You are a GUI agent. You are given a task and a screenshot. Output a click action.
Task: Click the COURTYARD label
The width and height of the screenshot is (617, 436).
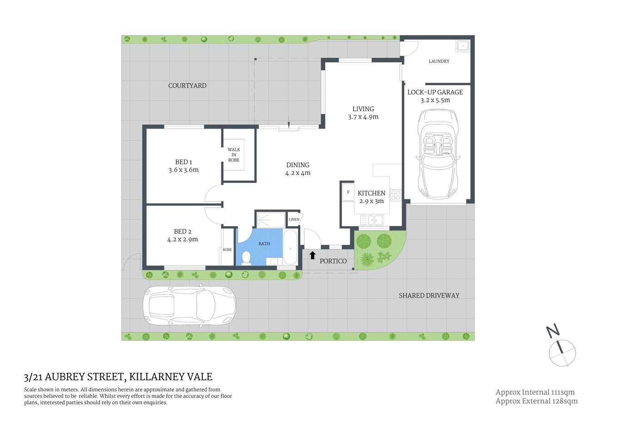point(187,85)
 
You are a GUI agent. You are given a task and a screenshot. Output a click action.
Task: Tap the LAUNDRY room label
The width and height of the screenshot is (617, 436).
point(439,61)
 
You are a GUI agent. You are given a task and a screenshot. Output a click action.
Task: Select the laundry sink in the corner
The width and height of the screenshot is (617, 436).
point(463,45)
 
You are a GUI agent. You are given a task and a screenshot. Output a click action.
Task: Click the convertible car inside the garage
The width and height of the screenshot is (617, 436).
point(438,154)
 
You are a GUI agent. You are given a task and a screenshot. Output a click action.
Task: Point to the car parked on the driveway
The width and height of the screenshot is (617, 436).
point(189,305)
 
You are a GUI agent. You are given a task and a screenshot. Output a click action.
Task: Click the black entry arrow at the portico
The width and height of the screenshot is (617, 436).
point(313,255)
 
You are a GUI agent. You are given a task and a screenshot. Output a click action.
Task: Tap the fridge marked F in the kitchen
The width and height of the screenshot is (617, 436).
point(348,193)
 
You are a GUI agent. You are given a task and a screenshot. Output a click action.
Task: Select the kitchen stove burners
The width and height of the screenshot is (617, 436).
point(396,195)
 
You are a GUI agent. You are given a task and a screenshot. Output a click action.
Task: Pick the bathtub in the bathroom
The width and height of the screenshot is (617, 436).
point(290,248)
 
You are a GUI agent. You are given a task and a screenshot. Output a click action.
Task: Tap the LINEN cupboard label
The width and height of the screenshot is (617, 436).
point(294,219)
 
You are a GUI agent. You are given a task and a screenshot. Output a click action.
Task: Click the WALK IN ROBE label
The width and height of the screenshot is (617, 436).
point(234,154)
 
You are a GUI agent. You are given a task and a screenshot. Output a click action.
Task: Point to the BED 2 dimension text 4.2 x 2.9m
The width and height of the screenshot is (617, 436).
point(183,239)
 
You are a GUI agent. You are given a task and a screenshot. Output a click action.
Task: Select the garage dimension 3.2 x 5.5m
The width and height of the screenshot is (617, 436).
point(435,100)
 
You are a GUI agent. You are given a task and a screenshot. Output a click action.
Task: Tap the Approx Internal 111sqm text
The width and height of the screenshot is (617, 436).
point(535,392)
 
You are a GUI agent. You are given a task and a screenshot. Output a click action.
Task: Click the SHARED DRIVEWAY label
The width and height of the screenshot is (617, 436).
point(429,295)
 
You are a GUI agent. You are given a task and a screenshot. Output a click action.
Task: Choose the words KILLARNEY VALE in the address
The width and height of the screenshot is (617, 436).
point(171,377)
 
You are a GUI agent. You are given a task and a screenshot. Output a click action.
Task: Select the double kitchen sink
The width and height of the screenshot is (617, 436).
point(372,220)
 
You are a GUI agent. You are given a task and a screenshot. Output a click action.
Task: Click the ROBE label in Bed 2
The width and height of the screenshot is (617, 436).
point(227,250)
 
